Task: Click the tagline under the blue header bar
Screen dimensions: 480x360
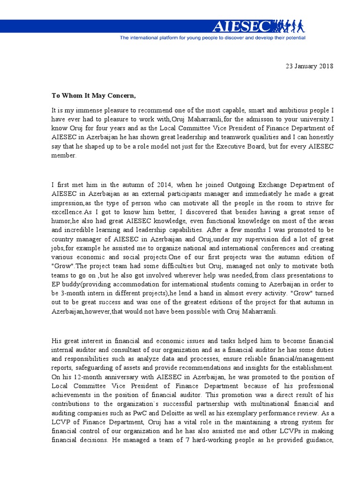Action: click(x=212, y=37)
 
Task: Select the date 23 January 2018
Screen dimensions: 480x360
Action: click(x=309, y=66)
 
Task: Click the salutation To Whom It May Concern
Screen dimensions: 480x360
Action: click(x=93, y=96)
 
